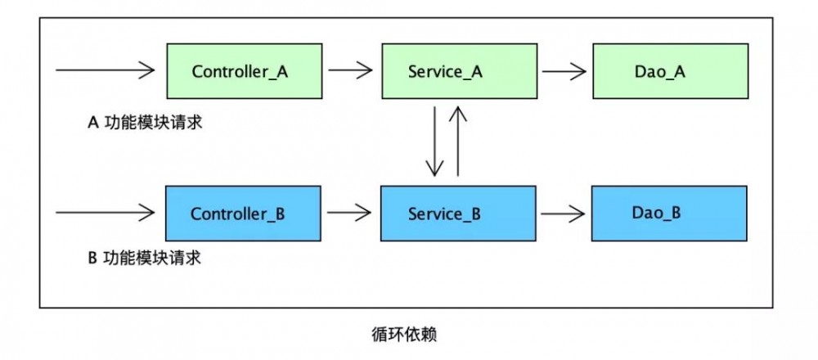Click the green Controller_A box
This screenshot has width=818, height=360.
(x=240, y=71)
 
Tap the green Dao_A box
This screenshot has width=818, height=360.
(x=668, y=71)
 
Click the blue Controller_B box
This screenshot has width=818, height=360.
(x=237, y=214)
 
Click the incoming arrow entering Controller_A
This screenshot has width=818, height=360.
(x=105, y=71)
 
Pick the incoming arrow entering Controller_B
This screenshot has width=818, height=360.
(x=105, y=214)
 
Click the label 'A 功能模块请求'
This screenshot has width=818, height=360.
(x=144, y=124)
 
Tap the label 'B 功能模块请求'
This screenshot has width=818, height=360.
(x=144, y=259)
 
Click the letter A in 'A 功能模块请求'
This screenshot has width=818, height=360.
(x=92, y=124)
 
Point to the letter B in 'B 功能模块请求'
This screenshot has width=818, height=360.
(x=92, y=259)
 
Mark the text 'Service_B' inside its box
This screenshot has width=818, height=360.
(x=445, y=214)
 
